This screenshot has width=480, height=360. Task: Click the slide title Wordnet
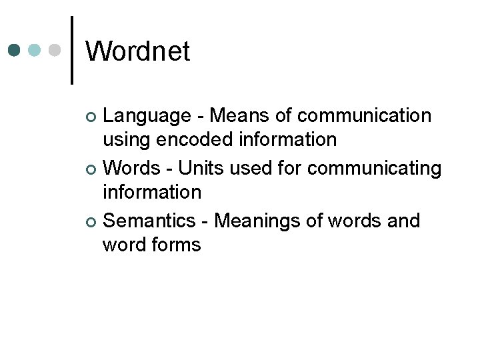pyautogui.click(x=138, y=51)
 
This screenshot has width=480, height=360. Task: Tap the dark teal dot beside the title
pyautogui.click(x=15, y=51)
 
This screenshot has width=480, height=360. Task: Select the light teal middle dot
pyautogui.click(x=35, y=51)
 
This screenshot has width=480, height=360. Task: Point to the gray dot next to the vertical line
pyautogui.click(x=55, y=51)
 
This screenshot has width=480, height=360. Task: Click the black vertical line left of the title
pyautogui.click(x=72, y=51)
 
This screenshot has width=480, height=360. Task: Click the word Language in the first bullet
pyautogui.click(x=147, y=117)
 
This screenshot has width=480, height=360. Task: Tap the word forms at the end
pyautogui.click(x=176, y=245)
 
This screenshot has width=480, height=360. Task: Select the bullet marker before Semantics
pyautogui.click(x=93, y=222)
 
